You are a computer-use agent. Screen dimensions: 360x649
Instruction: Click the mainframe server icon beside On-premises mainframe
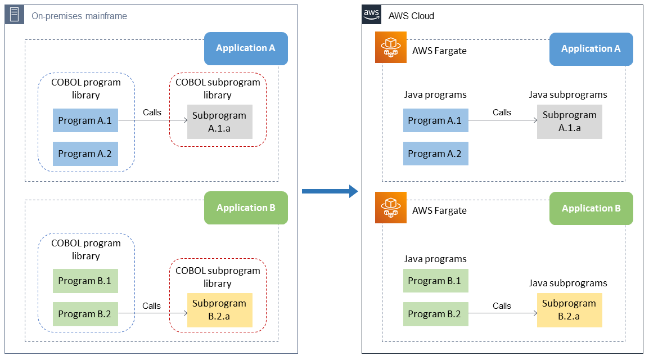[x=14, y=15]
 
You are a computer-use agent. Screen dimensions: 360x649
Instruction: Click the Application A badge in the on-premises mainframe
[x=246, y=48]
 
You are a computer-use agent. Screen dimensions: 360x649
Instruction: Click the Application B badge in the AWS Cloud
[x=591, y=208]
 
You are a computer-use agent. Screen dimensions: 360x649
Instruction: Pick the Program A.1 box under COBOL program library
[x=85, y=120]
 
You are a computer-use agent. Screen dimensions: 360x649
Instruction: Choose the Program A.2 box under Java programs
[x=435, y=154]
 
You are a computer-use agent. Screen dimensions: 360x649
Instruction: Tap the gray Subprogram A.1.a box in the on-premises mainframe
[x=219, y=121]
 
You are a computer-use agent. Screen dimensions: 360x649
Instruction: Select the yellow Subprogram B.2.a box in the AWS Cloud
[x=569, y=310]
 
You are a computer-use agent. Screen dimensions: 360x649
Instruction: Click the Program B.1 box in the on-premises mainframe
[x=85, y=281]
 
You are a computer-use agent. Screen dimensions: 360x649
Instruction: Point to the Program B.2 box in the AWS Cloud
[x=435, y=314]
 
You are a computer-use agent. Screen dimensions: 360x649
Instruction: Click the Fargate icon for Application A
[x=390, y=47]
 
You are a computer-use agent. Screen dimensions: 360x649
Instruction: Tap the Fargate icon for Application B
[x=390, y=208]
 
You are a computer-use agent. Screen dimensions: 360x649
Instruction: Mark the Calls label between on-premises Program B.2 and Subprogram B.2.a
[x=151, y=306]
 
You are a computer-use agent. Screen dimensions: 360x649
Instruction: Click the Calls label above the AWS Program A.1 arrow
[x=502, y=112]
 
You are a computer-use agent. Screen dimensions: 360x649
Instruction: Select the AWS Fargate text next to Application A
[x=439, y=51]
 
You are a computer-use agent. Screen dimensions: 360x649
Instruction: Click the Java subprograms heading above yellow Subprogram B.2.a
[x=568, y=283]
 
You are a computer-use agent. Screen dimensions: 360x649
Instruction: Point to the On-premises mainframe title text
[x=79, y=16]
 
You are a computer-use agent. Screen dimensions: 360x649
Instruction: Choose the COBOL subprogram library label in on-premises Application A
[x=218, y=88]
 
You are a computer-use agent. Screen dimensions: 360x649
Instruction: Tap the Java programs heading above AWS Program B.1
[x=435, y=259]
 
